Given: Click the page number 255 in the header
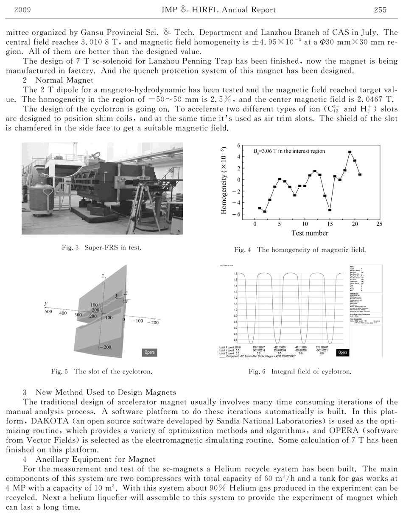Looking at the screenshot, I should click(380, 10).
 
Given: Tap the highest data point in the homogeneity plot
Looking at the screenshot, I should click(350, 152).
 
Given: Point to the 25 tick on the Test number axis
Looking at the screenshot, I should click(379, 224).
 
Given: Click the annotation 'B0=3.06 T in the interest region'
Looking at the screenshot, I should click(289, 151).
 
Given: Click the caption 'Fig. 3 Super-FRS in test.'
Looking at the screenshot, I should click(102, 247).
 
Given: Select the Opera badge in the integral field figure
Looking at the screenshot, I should click(343, 352).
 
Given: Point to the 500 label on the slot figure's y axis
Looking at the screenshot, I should click(48, 312).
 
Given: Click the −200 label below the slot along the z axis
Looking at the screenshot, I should click(106, 347).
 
